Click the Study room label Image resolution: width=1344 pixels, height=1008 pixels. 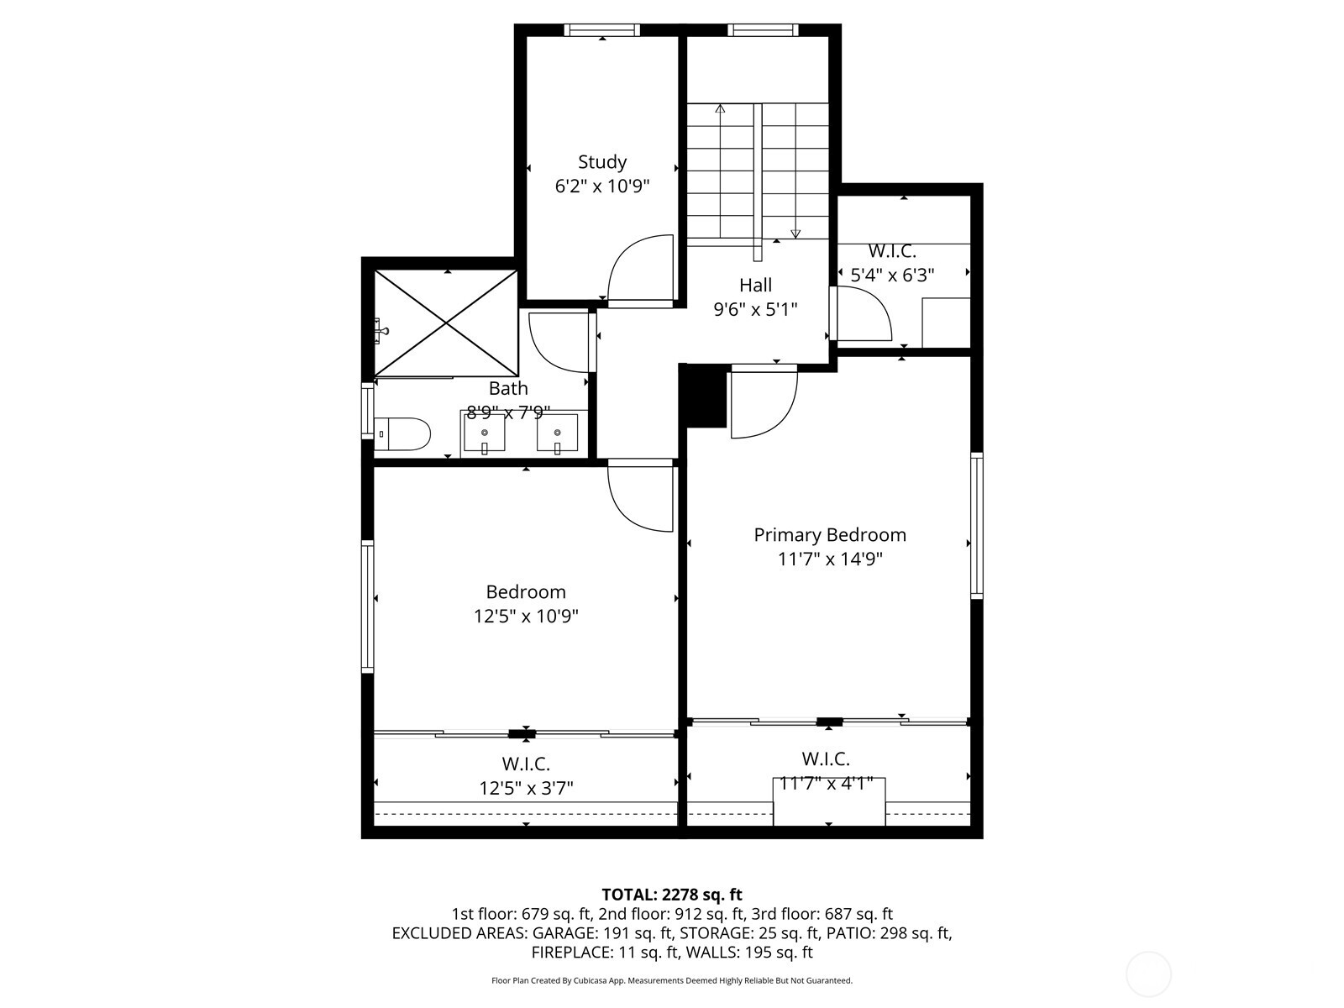[x=601, y=161]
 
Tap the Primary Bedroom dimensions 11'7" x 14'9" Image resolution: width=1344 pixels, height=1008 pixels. [x=830, y=559]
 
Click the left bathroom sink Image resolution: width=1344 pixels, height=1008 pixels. [x=485, y=433]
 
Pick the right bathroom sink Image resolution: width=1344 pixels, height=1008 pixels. [x=557, y=433]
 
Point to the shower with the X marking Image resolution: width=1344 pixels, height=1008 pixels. [x=446, y=323]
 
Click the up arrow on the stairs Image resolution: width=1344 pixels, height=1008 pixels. [x=720, y=109]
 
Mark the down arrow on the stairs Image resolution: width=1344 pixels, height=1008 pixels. [x=795, y=233]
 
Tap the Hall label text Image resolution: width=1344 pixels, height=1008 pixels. [x=755, y=285]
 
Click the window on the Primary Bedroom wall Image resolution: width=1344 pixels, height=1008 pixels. [x=976, y=525]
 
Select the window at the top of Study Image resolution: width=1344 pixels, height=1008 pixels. [x=601, y=30]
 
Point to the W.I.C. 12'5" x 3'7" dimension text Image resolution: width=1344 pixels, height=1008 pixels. [x=526, y=788]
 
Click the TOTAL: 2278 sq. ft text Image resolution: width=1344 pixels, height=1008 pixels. [x=672, y=895]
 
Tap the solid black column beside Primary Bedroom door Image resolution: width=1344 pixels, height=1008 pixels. [x=704, y=397]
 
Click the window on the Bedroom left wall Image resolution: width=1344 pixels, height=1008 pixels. [x=367, y=606]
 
